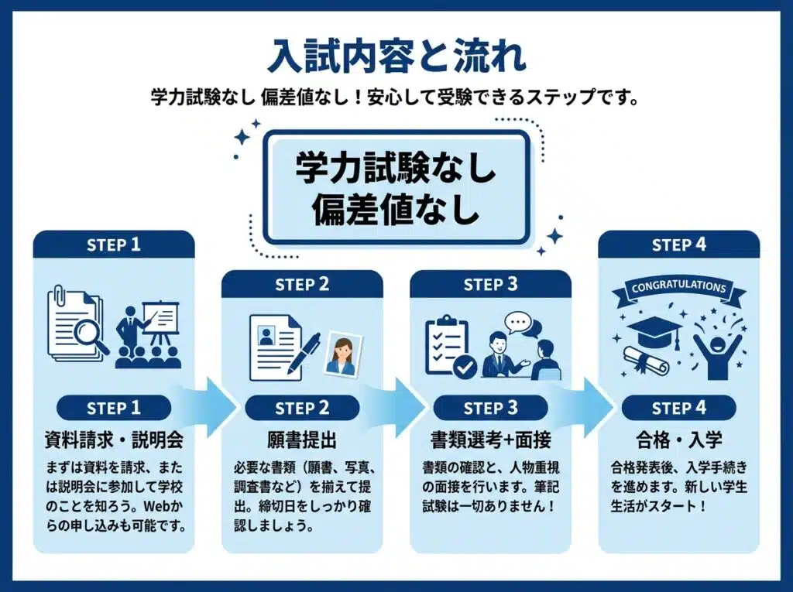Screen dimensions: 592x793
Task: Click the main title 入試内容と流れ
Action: click(396, 56)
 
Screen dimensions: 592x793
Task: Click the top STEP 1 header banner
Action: click(114, 245)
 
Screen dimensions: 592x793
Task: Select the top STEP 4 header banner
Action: click(678, 245)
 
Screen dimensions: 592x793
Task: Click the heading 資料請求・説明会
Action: click(114, 440)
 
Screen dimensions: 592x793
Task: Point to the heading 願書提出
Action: click(302, 440)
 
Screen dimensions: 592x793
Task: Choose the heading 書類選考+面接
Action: click(490, 440)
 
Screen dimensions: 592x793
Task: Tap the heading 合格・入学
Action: click(678, 440)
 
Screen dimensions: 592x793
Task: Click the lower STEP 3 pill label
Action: click(490, 408)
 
